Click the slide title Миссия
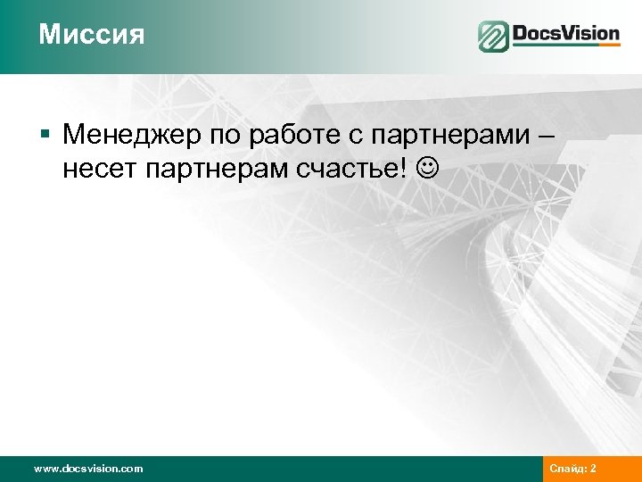tap(91, 36)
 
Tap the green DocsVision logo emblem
tap(493, 37)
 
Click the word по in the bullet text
tap(224, 136)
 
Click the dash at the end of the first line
tap(546, 136)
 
